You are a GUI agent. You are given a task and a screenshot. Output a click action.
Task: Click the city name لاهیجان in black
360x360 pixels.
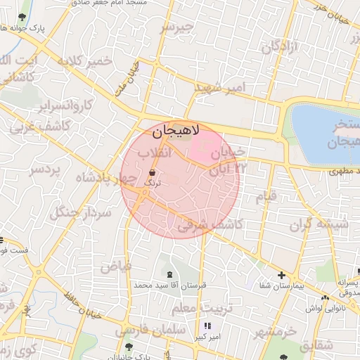coord(175,130)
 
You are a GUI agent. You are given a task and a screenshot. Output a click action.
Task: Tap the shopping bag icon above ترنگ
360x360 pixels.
coord(153,172)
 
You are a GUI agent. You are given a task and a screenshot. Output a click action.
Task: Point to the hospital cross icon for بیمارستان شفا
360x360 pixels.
coord(281,275)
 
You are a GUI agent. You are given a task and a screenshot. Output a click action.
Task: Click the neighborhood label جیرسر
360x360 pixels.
coord(175,27)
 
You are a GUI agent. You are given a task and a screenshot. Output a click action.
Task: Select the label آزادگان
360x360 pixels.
coord(280,47)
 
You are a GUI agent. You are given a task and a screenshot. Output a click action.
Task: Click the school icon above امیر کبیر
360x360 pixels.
coord(207,326)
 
